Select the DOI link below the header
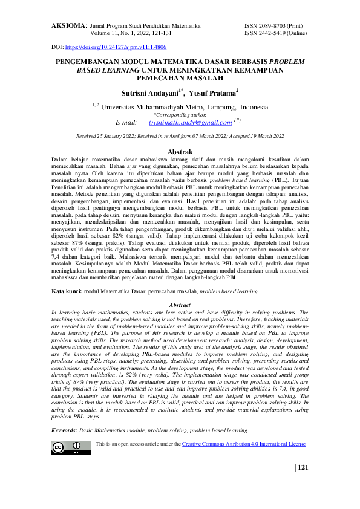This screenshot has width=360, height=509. pos(116,47)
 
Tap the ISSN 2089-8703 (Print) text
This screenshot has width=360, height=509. pos(273,27)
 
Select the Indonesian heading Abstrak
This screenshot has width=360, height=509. pos(180,151)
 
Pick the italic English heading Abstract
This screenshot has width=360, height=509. pos(180,306)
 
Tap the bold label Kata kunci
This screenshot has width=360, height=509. pos(67,291)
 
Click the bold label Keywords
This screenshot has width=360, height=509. pos(64,430)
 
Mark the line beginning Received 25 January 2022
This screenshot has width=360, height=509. pos(180,137)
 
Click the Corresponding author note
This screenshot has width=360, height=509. pos(180,114)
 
